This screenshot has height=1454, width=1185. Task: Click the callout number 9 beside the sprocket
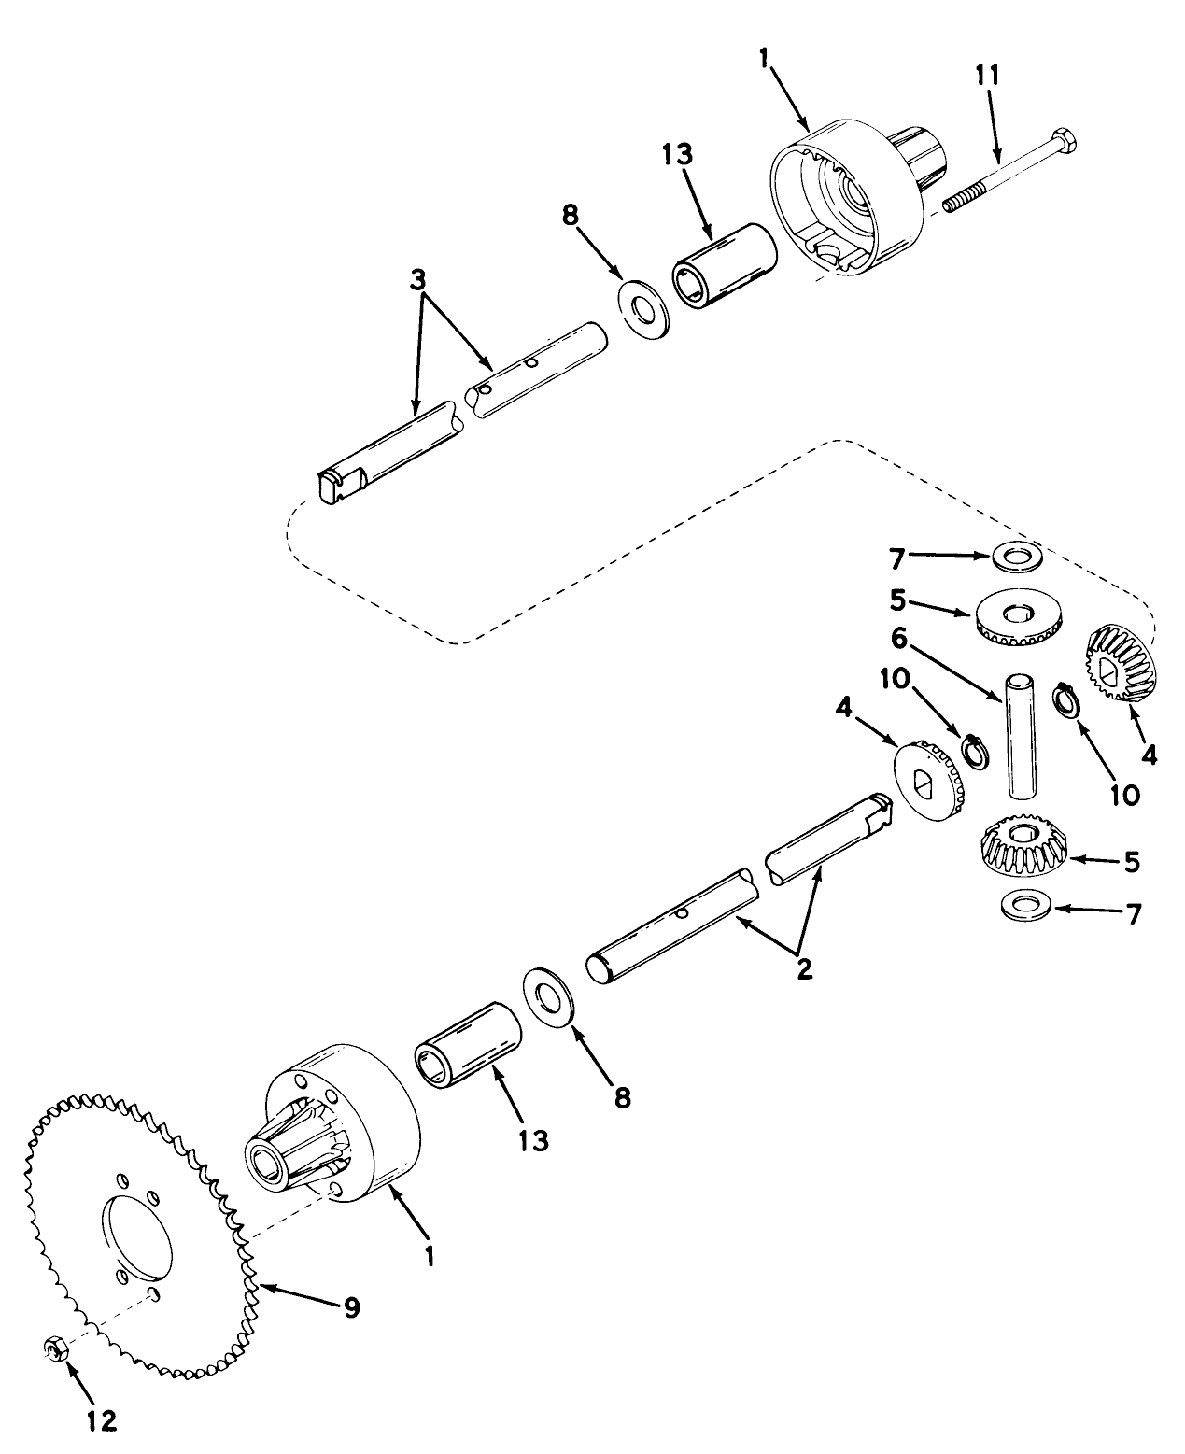pyautogui.click(x=350, y=1307)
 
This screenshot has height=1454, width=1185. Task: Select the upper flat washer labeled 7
pyautogui.click(x=1017, y=557)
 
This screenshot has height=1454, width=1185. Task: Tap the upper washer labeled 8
pyautogui.click(x=642, y=309)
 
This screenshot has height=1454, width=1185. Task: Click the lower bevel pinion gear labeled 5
pyautogui.click(x=1023, y=845)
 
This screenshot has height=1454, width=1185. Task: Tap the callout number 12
pyautogui.click(x=103, y=1420)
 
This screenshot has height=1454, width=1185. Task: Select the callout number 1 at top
pyautogui.click(x=765, y=58)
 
